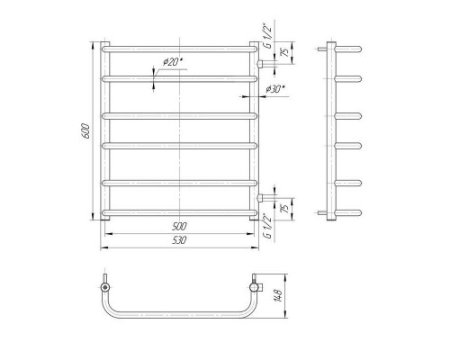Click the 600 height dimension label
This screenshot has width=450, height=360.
click(x=85, y=130)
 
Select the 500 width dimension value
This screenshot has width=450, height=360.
click(x=179, y=226)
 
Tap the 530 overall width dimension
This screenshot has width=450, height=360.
click(x=179, y=240)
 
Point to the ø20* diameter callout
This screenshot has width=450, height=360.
click(x=173, y=62)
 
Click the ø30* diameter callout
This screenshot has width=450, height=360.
click(x=274, y=89)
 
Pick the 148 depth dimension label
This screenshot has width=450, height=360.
click(x=279, y=295)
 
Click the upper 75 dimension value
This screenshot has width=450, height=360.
click(x=285, y=52)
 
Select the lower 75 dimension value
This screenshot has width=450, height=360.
click(x=285, y=208)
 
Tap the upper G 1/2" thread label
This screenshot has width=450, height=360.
click(x=267, y=35)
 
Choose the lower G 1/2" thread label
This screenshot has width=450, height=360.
click(x=267, y=226)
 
